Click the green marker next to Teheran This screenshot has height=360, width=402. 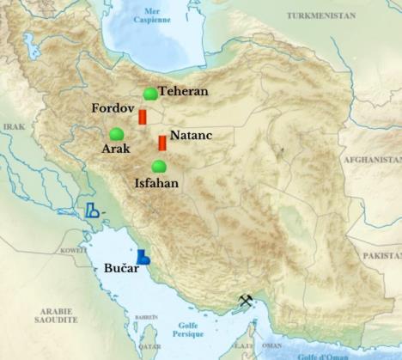click(x=150, y=93)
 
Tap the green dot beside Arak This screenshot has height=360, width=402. click(x=116, y=134)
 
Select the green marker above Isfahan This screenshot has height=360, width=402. click(x=158, y=166)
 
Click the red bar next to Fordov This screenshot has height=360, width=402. click(x=143, y=117)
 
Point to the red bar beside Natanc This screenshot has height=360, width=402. click(x=161, y=143)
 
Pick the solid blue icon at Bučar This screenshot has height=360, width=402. click(x=144, y=256)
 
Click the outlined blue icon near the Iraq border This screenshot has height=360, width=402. click(x=91, y=210)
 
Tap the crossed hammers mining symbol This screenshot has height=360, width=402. click(x=246, y=302)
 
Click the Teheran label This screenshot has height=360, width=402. click(x=183, y=91)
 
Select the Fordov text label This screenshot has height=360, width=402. click(x=113, y=109)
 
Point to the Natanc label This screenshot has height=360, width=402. click(x=191, y=136)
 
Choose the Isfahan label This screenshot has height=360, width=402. click(x=158, y=182)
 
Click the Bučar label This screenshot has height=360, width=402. click(x=121, y=270)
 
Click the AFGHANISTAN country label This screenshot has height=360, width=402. click(x=373, y=160)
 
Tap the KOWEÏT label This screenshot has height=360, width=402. click(x=74, y=250)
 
